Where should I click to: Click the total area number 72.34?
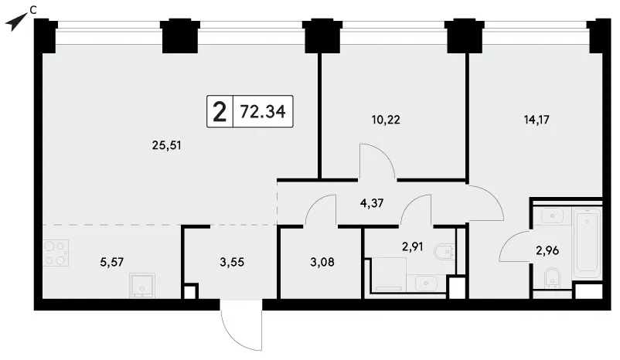[263, 112]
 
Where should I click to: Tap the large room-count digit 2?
[220, 112]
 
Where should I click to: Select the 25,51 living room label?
[166, 146]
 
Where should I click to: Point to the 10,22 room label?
[386, 119]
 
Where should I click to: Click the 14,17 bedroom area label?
[537, 119]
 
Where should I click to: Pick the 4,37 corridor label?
[372, 203]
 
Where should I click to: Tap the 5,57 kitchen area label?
[112, 262]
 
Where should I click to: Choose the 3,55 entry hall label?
[232, 262]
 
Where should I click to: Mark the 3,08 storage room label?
[322, 262]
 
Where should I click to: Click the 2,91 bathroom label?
[412, 247]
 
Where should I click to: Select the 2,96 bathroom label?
[547, 250]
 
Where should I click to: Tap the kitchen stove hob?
[56, 253]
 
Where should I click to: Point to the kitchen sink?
[142, 285]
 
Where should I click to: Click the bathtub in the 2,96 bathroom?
[588, 243]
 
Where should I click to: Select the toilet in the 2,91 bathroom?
[444, 251]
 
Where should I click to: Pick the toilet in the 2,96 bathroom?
[552, 277]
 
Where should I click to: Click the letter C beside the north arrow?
[33, 11]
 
